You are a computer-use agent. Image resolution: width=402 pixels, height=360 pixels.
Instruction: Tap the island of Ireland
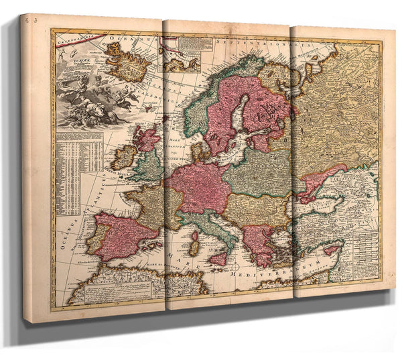(124, 158)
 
